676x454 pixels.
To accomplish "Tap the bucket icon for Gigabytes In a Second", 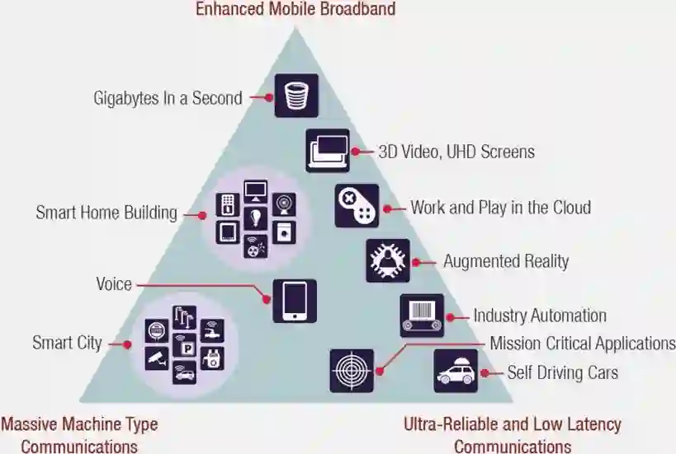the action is pyautogui.click(x=295, y=96).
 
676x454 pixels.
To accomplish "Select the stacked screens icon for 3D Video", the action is pyautogui.click(x=328, y=150).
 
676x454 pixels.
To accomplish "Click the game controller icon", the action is pyautogui.click(x=357, y=205).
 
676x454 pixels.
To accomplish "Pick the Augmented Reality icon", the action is pyautogui.click(x=388, y=261).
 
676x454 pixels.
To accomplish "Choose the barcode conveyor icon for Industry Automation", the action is pyautogui.click(x=422, y=316).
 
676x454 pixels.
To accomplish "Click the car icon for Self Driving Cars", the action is pyautogui.click(x=456, y=371).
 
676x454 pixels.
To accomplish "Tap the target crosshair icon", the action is pyautogui.click(x=352, y=371).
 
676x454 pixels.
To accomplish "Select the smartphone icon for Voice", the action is pyautogui.click(x=295, y=301).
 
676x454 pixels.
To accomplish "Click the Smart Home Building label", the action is pyautogui.click(x=106, y=213).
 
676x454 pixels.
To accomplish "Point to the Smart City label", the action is pyautogui.click(x=67, y=343).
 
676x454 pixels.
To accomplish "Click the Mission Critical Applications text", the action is pyautogui.click(x=583, y=343).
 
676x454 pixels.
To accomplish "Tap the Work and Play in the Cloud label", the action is pyautogui.click(x=500, y=207).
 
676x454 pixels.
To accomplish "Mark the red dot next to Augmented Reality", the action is pyautogui.click(x=415, y=262).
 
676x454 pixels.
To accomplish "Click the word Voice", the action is pyautogui.click(x=113, y=284).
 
